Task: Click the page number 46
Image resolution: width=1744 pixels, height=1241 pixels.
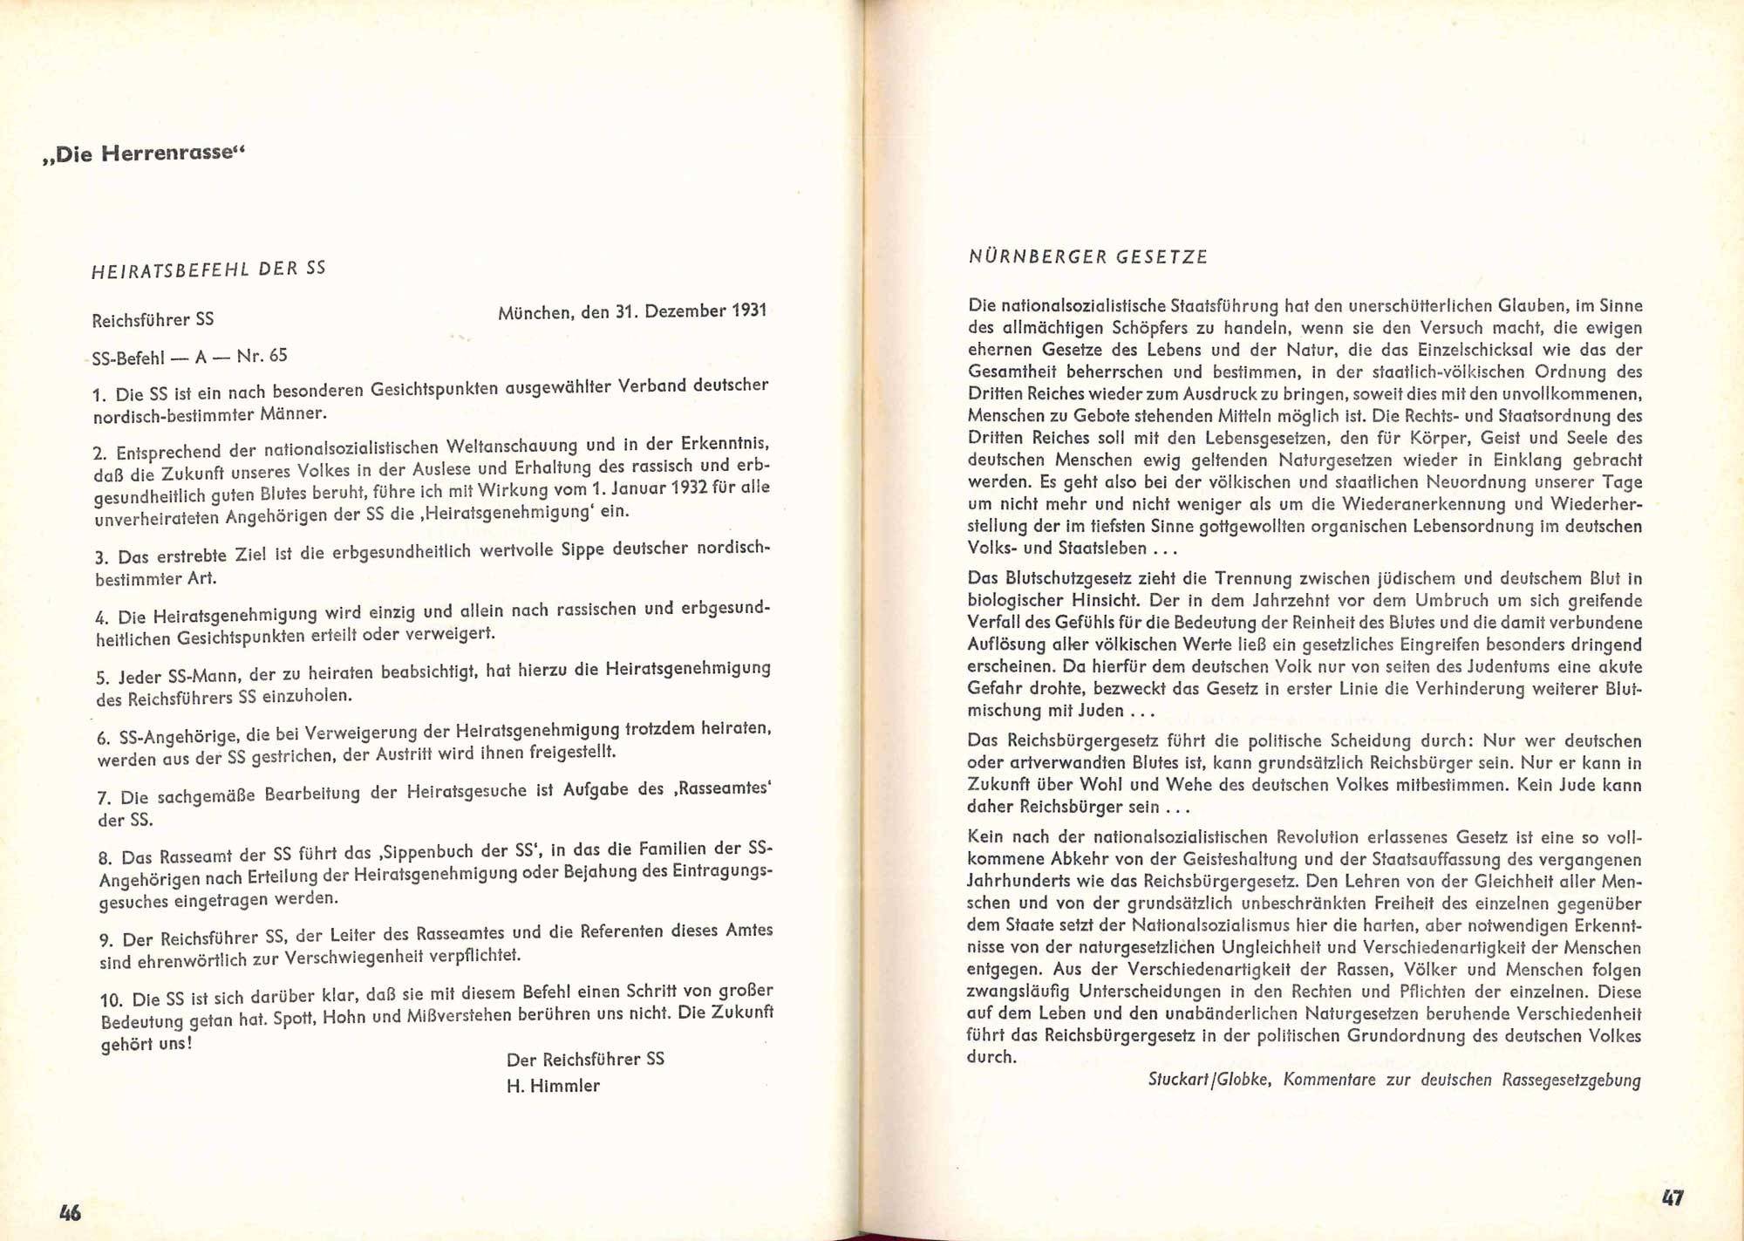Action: pyautogui.click(x=70, y=1211)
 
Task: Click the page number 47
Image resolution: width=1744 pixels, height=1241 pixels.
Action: pyautogui.click(x=1672, y=1197)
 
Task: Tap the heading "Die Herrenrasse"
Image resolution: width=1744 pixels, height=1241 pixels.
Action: pyautogui.click(x=145, y=154)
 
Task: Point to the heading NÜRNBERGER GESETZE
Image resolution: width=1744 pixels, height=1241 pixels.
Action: pyautogui.click(x=1087, y=256)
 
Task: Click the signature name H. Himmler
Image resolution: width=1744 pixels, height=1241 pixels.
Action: pyautogui.click(x=553, y=1086)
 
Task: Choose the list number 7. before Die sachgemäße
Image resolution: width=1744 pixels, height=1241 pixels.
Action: pyautogui.click(x=105, y=798)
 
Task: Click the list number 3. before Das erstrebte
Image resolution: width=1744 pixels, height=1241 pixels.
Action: pyautogui.click(x=101, y=557)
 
